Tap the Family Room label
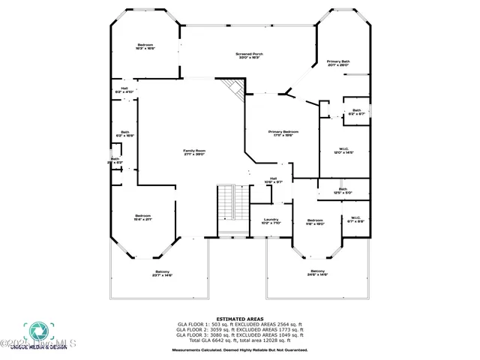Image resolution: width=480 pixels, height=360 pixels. point(194,153)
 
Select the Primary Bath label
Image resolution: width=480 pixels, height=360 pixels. point(338,63)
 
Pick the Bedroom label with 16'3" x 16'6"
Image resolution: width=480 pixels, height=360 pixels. point(145,46)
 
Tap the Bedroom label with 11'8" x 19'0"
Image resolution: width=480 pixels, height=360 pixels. point(314,222)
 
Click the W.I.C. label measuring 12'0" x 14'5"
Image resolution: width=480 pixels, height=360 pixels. point(343,150)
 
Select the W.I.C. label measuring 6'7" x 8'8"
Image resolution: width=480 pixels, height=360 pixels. point(355,220)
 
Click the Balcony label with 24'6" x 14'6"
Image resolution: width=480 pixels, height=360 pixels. point(318,273)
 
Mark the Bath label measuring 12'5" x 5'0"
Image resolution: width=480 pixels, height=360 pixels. point(343,191)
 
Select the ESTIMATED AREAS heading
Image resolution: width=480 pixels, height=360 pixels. point(239,319)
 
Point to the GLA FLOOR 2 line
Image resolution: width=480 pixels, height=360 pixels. point(239,328)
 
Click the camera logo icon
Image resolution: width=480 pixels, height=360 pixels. point(36,332)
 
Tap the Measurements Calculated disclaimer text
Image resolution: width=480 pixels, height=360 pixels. point(239,350)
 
